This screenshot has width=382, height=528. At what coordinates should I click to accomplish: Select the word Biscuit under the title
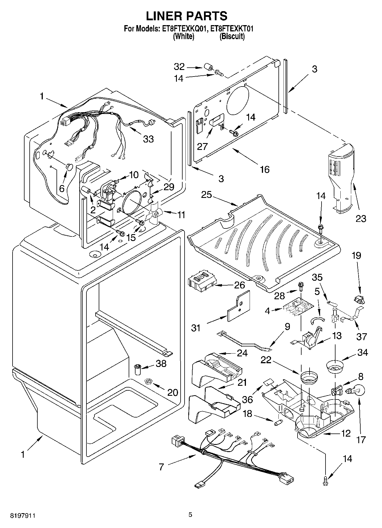point(232,37)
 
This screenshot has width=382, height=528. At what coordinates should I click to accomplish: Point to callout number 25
point(206,195)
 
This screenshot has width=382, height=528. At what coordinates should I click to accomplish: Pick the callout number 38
point(161,364)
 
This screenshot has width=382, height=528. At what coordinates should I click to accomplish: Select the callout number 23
point(361,218)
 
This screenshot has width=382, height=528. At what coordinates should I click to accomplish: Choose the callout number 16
point(265,169)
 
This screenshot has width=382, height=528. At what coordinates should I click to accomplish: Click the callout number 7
point(161,467)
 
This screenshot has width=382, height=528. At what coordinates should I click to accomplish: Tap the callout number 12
point(346,433)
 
